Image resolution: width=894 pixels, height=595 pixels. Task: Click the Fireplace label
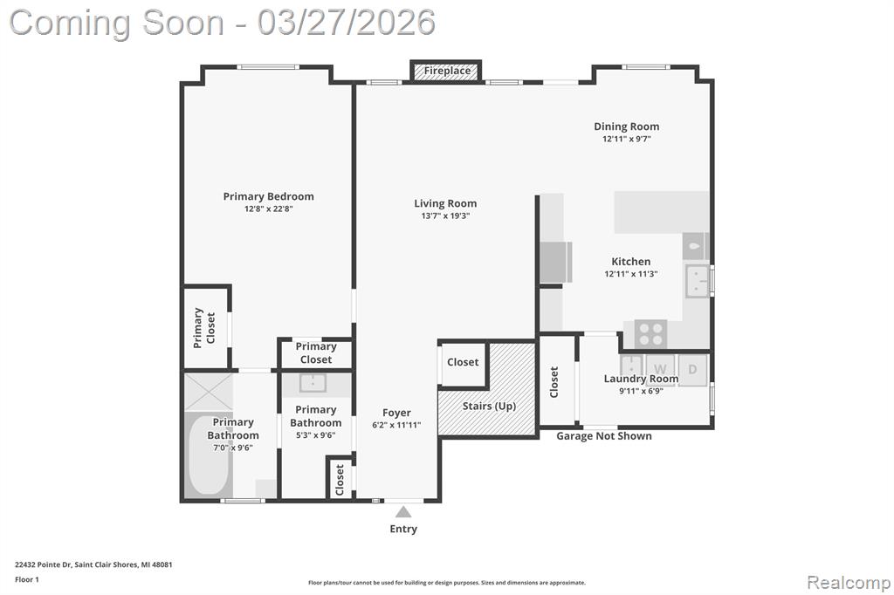click(447, 71)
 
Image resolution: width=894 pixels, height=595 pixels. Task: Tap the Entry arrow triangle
click(403, 511)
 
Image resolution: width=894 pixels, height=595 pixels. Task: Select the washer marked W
click(660, 369)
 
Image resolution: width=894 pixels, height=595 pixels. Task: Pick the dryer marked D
click(692, 369)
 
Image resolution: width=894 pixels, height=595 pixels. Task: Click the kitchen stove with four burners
click(650, 333)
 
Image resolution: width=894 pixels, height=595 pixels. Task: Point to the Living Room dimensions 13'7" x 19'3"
click(445, 216)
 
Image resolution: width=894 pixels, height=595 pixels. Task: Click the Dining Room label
click(627, 127)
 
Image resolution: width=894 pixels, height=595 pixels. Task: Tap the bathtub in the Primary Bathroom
click(209, 456)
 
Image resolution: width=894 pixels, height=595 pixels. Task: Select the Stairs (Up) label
click(489, 406)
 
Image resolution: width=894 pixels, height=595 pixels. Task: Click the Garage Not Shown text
click(604, 436)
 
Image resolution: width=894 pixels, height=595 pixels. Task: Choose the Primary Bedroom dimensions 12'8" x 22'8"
click(269, 209)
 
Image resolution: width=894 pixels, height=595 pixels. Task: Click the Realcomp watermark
click(849, 583)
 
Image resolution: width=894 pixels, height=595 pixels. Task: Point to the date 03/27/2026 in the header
click(346, 23)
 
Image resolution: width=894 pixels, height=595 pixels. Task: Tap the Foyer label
click(396, 413)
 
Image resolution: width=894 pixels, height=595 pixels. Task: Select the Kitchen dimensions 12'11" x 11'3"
click(631, 274)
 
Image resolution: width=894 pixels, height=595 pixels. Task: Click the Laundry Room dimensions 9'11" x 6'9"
click(641, 391)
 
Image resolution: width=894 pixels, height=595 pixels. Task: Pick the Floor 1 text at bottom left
click(27, 579)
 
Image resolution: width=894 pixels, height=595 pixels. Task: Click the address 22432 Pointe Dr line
click(93, 564)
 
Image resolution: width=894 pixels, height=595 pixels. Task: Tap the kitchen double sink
click(698, 281)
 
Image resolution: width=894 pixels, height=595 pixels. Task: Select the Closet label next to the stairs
click(463, 362)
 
